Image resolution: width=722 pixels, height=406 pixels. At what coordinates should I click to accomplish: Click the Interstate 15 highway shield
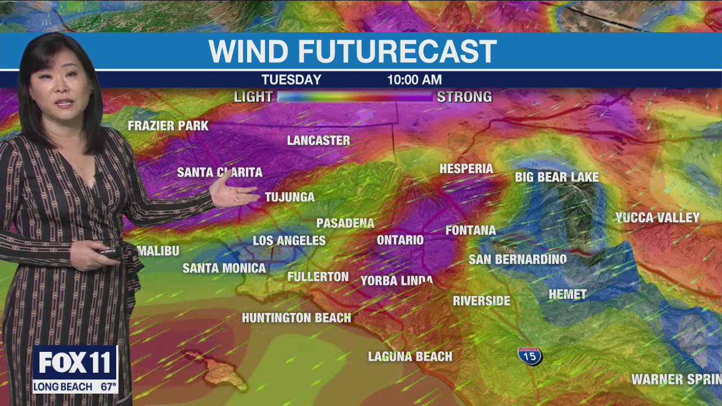click(x=530, y=356)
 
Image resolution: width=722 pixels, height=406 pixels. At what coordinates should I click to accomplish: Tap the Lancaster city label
click(x=319, y=140)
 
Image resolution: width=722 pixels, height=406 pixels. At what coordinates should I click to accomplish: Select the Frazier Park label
click(x=168, y=126)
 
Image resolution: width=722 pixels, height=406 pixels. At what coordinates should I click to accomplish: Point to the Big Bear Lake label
click(x=557, y=177)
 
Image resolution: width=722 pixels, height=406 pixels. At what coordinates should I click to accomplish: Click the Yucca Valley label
click(x=657, y=218)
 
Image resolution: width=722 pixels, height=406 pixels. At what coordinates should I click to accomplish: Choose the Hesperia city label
click(x=466, y=169)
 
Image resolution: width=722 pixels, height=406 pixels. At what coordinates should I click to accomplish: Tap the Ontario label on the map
click(x=400, y=240)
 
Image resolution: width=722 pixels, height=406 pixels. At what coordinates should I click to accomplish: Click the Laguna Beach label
click(x=410, y=356)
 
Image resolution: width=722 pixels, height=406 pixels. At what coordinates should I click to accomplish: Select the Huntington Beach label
click(x=297, y=318)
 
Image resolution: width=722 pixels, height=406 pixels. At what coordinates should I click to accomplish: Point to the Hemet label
click(x=567, y=294)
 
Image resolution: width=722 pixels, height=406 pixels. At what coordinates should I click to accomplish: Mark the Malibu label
click(x=159, y=251)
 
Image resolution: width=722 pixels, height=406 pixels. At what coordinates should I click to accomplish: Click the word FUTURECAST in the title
click(x=397, y=51)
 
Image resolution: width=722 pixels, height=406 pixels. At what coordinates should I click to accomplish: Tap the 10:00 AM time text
click(x=414, y=80)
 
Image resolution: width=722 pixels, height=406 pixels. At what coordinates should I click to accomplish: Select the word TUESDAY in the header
click(x=291, y=80)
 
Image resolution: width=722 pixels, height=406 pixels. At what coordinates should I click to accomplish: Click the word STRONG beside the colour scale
click(x=464, y=97)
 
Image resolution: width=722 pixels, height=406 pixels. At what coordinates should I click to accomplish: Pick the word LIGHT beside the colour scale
click(x=253, y=97)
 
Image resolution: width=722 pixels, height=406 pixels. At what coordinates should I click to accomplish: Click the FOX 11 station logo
click(x=74, y=363)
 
